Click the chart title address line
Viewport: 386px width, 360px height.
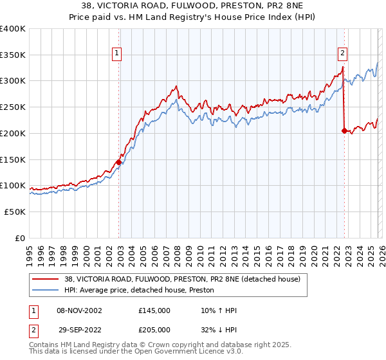[192, 6]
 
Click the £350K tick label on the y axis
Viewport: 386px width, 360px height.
[13, 55]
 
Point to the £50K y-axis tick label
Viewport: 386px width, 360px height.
[15, 212]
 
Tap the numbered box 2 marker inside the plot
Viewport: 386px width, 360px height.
[343, 53]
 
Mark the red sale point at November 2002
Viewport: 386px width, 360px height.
[119, 162]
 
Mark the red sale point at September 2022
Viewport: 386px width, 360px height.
[344, 130]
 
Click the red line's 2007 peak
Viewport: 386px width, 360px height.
[176, 86]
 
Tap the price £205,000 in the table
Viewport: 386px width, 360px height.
[154, 328]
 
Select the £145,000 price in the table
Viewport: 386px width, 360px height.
[154, 310]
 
